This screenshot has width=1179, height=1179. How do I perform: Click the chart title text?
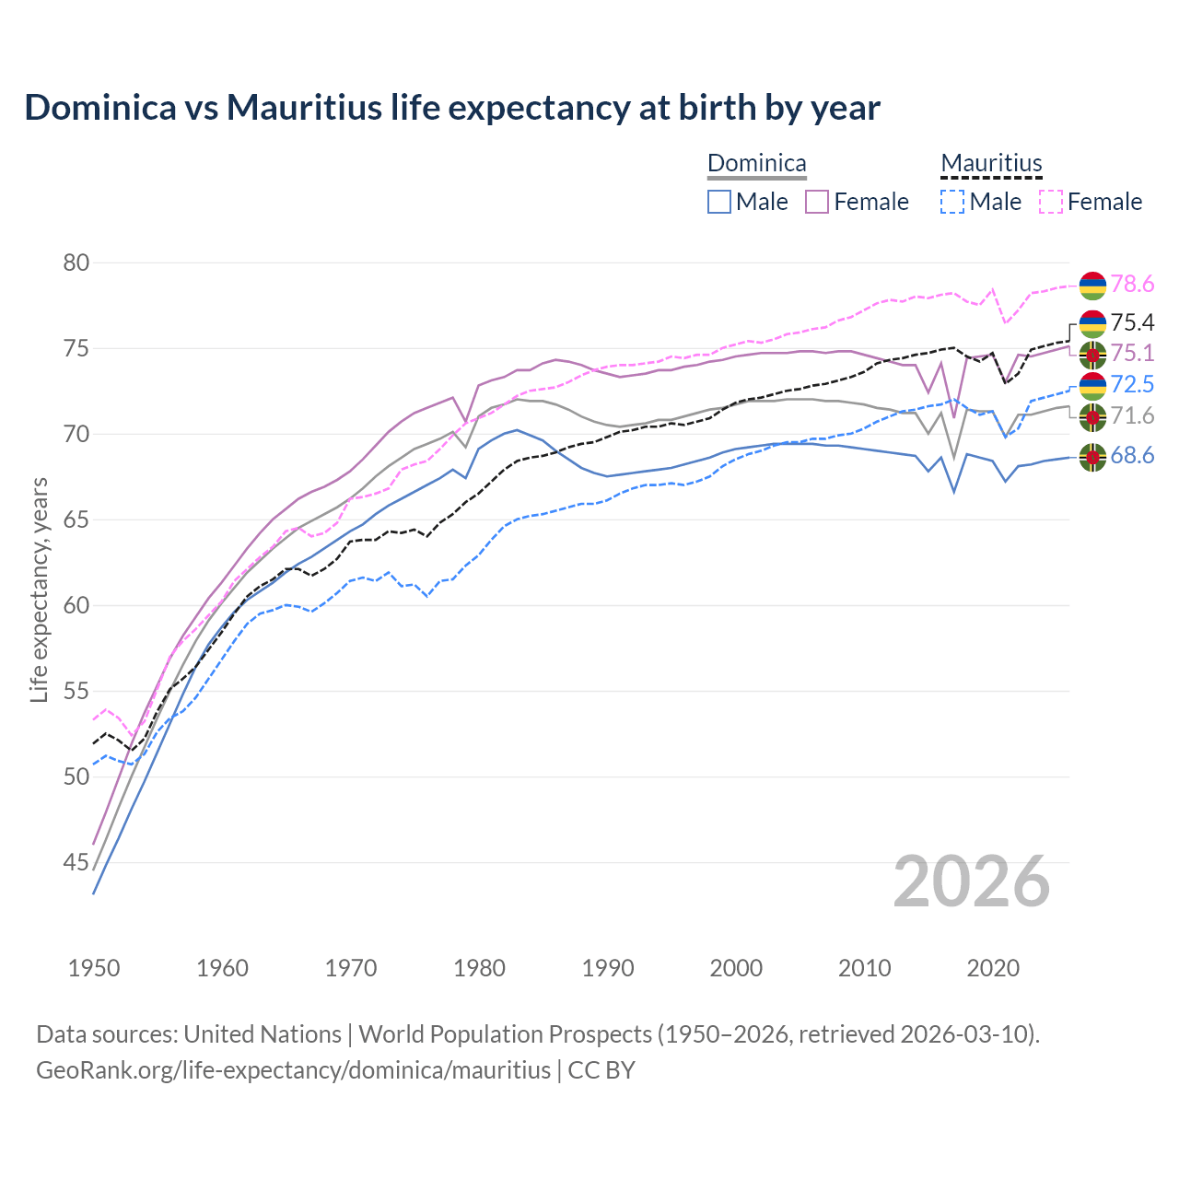[x=452, y=108]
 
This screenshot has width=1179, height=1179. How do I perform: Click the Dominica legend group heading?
[x=756, y=164]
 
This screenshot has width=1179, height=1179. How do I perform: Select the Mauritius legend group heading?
[x=991, y=164]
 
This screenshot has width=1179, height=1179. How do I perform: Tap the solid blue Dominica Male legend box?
[x=719, y=202]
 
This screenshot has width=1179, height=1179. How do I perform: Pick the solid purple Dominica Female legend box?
[x=817, y=202]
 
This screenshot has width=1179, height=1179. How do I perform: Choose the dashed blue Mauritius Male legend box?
[x=952, y=202]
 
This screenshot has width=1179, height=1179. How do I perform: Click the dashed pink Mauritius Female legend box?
[x=1051, y=202]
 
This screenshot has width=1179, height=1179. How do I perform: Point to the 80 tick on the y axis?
[x=76, y=263]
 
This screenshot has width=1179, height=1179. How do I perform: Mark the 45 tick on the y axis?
[x=76, y=863]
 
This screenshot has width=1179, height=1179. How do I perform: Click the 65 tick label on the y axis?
[x=76, y=520]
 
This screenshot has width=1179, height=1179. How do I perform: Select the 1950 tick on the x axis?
[x=94, y=968]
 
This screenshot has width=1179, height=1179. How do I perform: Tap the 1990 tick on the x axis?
[x=608, y=968]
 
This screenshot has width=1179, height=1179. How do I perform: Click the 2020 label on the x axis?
[x=993, y=968]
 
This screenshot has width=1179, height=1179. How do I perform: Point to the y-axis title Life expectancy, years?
[x=39, y=589]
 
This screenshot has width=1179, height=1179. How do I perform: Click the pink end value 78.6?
[x=1132, y=285]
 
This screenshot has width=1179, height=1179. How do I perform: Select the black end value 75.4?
[x=1132, y=322]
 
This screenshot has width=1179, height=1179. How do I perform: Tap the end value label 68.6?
[x=1132, y=456]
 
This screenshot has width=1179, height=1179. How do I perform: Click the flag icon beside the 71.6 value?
[x=1092, y=417]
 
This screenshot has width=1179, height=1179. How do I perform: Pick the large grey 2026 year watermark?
[x=972, y=881]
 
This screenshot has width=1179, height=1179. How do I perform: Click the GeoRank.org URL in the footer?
[x=293, y=1070]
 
